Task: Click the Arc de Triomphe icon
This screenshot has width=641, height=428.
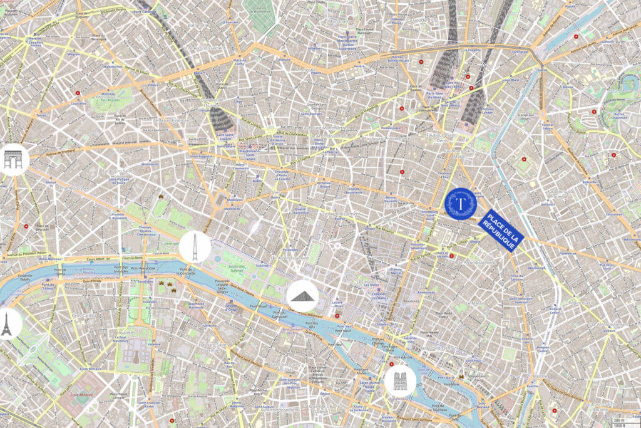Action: [13, 159]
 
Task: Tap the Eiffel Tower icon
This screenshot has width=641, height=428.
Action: [8, 324]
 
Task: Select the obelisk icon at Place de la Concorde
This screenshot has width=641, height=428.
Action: [195, 247]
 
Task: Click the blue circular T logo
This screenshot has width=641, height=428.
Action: [461, 204]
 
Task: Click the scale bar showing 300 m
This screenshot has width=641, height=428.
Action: [619, 420]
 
